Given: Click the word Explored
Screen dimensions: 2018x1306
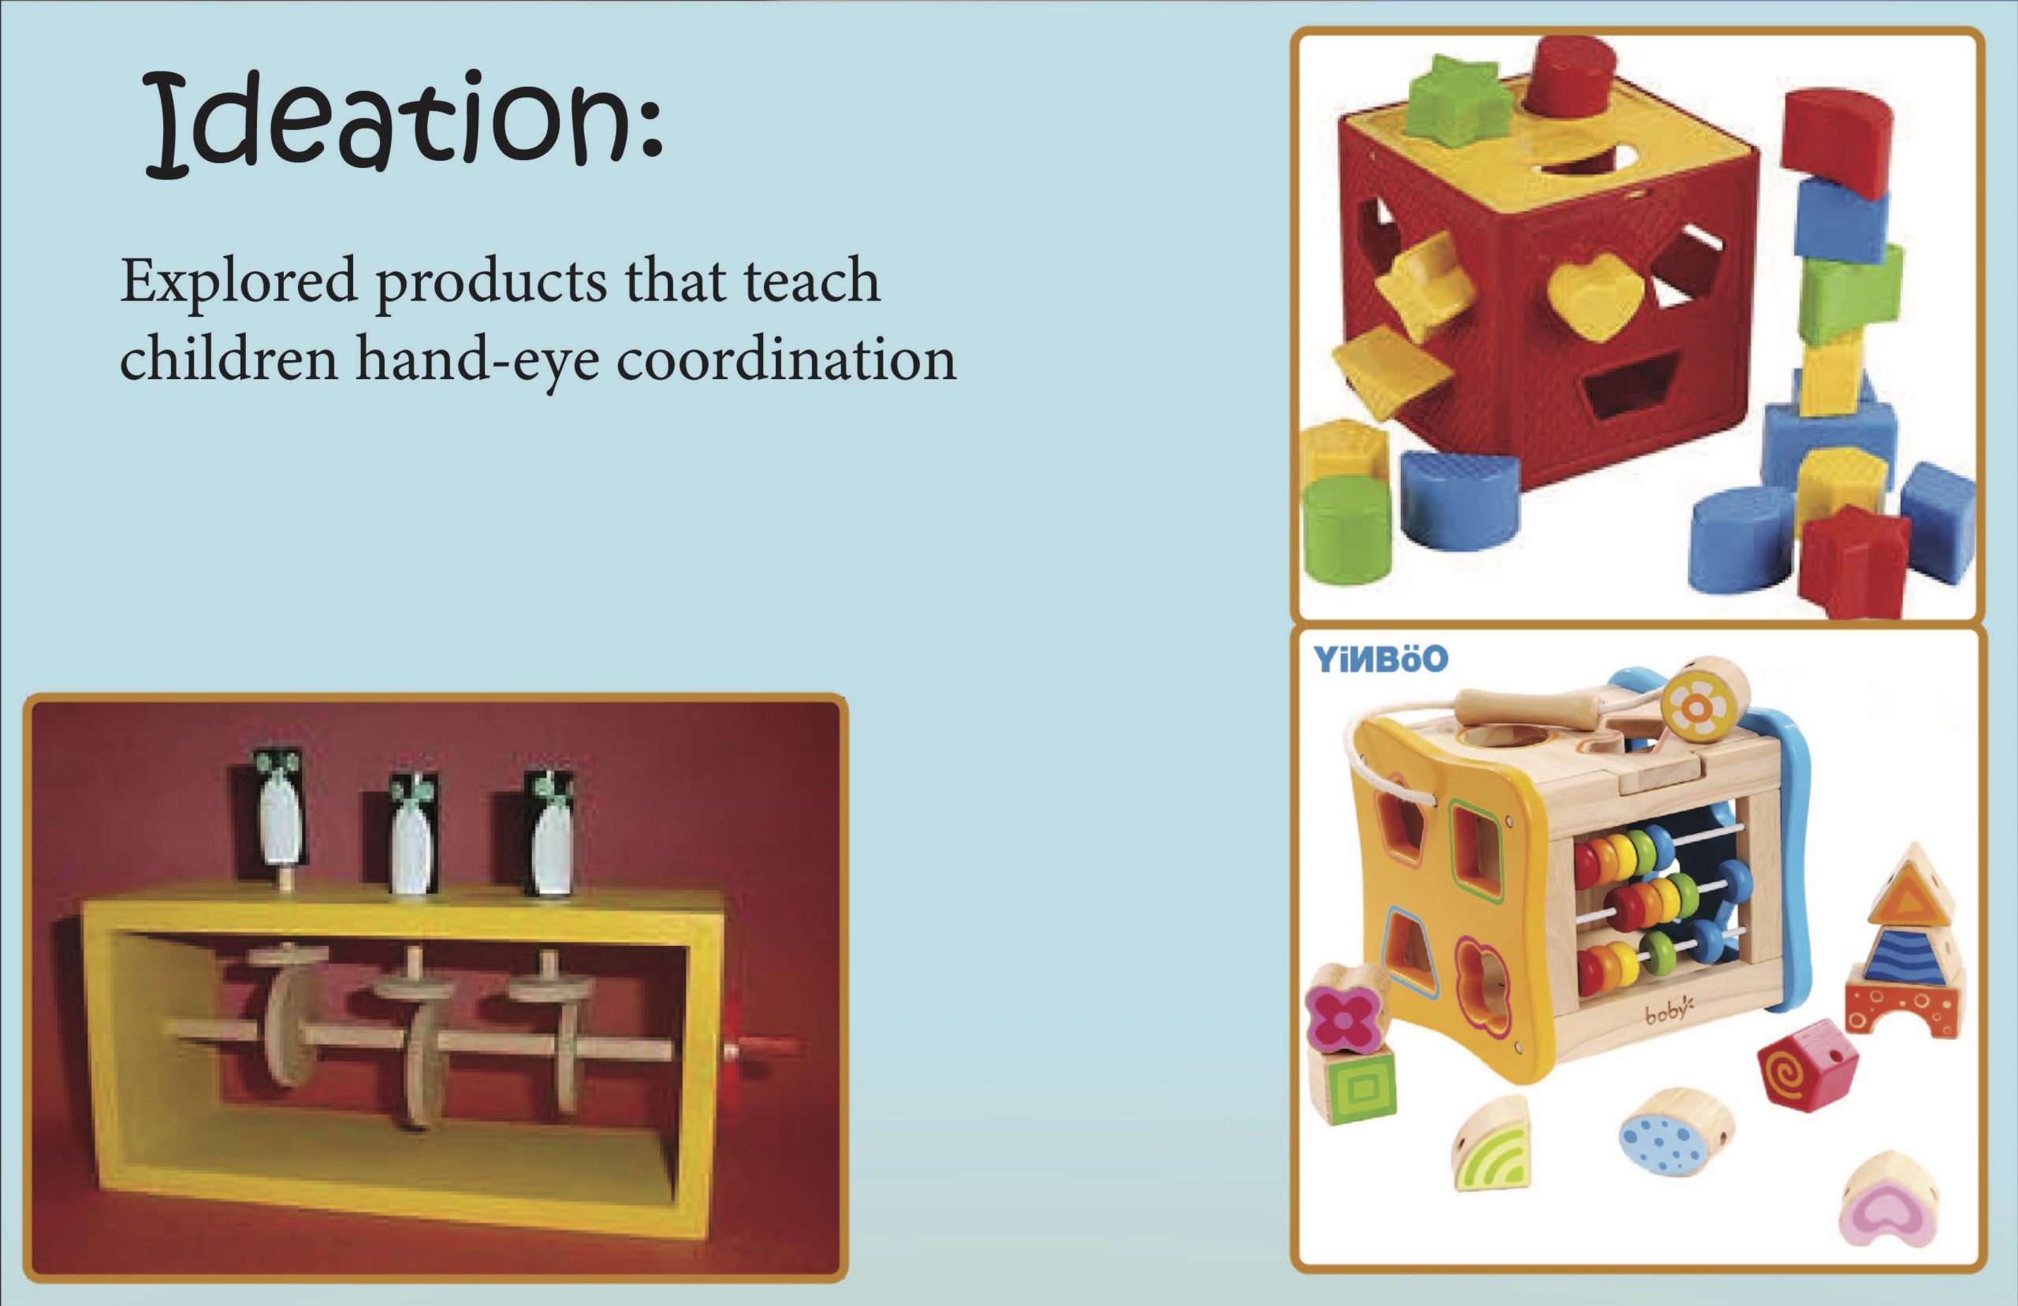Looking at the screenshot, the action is (x=239, y=282).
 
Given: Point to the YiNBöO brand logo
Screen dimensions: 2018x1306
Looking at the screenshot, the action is (x=1380, y=658).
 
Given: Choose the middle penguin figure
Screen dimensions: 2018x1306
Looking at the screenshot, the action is (x=413, y=833).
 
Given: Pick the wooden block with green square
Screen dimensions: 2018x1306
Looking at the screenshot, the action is (x=1355, y=1086).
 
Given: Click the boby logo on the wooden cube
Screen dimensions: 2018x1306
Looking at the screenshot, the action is (x=1669, y=1014).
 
